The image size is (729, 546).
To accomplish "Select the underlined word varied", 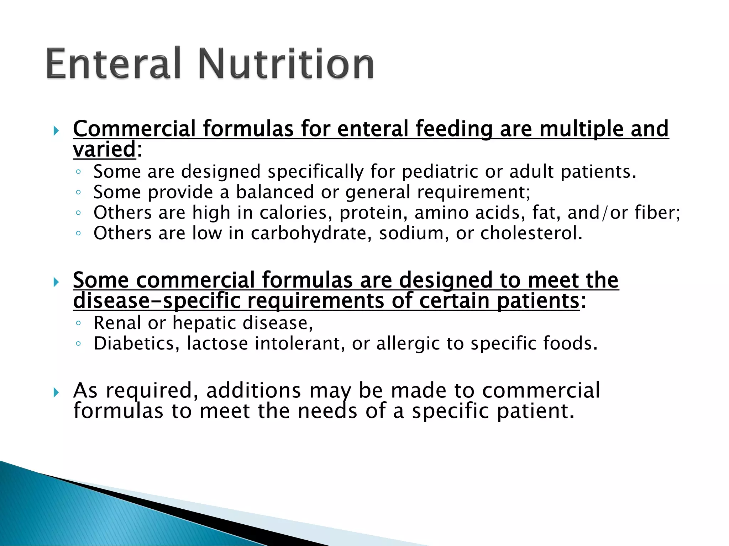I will (104, 149).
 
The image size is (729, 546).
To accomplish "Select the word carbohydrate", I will (308, 234).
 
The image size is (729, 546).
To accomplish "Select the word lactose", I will (217, 344).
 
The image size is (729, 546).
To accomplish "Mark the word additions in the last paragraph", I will (253, 391).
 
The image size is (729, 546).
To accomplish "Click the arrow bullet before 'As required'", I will (56, 392).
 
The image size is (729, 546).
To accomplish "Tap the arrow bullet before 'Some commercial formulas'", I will (56, 282).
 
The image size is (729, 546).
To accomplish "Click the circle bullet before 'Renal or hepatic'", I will (78, 323).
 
